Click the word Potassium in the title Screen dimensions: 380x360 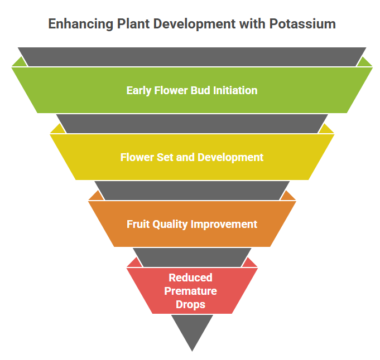click(x=302, y=24)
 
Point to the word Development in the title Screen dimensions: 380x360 click(x=194, y=25)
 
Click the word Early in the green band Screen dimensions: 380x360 click(x=139, y=91)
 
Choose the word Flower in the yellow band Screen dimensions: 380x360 click(x=137, y=157)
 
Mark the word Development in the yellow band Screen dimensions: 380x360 click(x=230, y=158)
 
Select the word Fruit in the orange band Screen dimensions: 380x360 click(x=138, y=224)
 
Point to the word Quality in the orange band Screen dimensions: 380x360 click(x=170, y=225)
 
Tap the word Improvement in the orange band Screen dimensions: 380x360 click(x=224, y=225)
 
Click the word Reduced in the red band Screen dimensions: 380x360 click(x=190, y=278)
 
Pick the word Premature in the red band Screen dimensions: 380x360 click(x=190, y=291)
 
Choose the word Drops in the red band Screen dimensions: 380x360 click(x=190, y=305)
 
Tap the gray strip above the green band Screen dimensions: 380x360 click(x=192, y=57)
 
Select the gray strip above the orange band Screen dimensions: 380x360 click(x=192, y=191)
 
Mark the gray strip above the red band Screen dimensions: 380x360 click(x=192, y=257)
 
